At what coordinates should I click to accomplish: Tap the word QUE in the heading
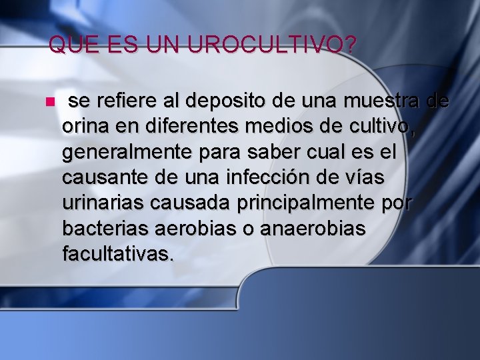pos(68,45)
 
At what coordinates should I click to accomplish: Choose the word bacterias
pos(104,229)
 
